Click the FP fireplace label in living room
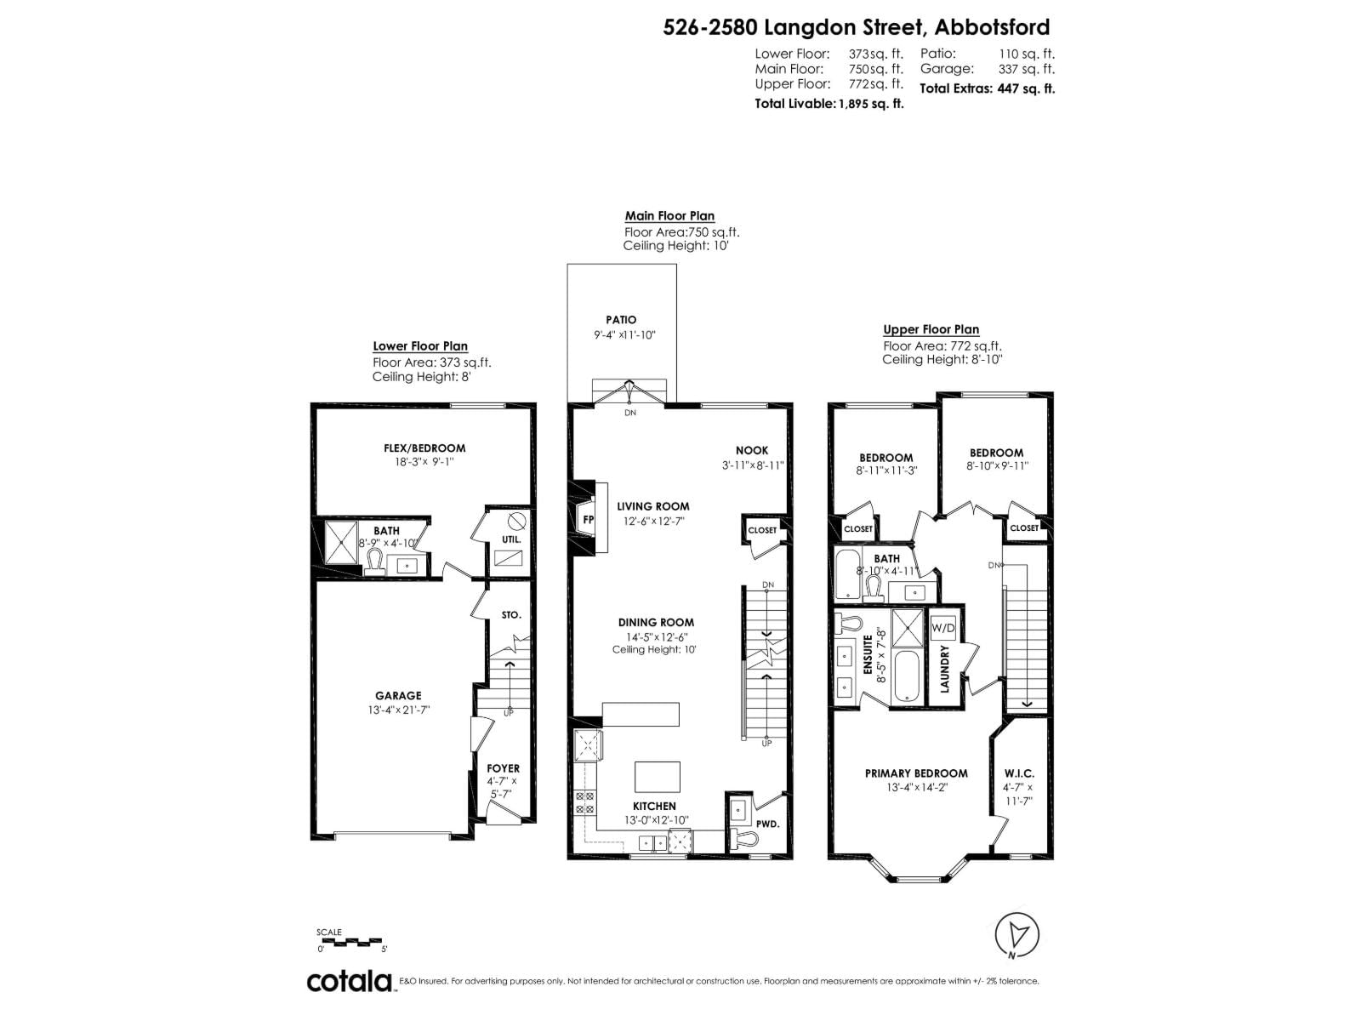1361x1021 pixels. [587, 520]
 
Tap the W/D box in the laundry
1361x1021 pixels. [943, 628]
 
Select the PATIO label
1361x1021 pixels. [621, 320]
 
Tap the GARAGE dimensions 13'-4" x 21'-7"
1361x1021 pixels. [398, 710]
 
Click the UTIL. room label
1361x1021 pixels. [511, 539]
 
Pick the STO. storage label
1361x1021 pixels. [510, 614]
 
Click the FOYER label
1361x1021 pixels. [503, 768]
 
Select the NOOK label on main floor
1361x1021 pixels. [751, 450]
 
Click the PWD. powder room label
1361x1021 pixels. [767, 824]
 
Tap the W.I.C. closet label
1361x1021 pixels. [1018, 773]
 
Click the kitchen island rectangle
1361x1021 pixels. [658, 777]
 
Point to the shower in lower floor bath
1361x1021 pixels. [343, 541]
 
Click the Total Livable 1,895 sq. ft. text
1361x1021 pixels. [829, 104]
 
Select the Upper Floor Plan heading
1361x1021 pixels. [931, 329]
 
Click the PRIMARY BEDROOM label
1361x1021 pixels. [915, 773]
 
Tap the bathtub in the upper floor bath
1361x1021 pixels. [847, 575]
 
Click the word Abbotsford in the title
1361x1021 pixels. [992, 27]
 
